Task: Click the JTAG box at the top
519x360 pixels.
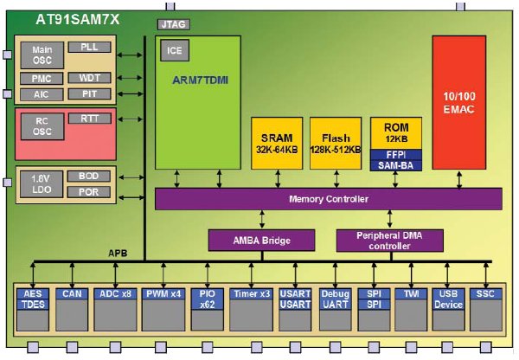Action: click(x=173, y=26)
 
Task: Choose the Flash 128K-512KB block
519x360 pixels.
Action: click(x=334, y=141)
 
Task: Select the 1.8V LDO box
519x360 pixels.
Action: click(x=42, y=183)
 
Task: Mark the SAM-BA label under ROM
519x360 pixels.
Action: click(x=395, y=164)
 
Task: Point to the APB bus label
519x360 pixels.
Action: click(x=119, y=254)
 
